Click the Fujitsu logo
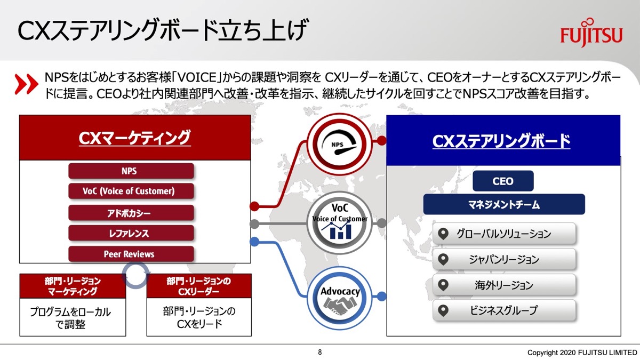tap(591, 33)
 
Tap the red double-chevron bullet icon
tap(26, 84)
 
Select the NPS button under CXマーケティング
tap(131, 171)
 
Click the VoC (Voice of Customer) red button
tap(131, 191)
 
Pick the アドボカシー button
tap(131, 213)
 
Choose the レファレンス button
tap(131, 233)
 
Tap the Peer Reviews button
tap(131, 254)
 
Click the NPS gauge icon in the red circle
tap(339, 143)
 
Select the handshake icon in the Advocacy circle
tap(339, 305)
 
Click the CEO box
tap(503, 181)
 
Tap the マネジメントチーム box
tap(504, 204)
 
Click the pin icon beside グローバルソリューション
tap(443, 234)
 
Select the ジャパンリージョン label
tap(504, 259)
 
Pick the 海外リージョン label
tap(504, 285)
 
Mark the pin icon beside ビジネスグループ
tap(443, 310)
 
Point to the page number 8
tap(320, 352)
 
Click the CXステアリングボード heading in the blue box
tap(501, 141)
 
